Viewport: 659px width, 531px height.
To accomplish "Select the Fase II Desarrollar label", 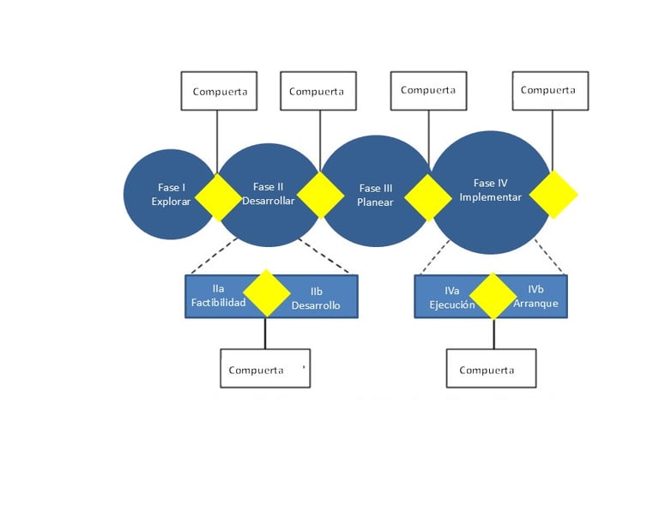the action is point(268,194).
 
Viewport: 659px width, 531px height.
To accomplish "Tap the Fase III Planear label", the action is point(375,196).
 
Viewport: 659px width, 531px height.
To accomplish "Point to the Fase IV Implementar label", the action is point(491,190).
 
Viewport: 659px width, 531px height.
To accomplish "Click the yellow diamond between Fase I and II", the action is point(219,197).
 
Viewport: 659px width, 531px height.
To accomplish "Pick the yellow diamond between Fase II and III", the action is point(320,196).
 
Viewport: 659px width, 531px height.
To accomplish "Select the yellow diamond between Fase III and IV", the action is point(428,197).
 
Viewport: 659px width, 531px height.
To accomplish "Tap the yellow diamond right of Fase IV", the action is point(553,195).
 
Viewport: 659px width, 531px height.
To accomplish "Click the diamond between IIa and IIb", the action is point(267,293).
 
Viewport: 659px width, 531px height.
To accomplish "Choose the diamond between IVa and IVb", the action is point(493,296).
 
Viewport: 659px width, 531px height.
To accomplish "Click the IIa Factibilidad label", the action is point(218,296).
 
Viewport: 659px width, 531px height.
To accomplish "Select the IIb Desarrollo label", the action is point(316,299).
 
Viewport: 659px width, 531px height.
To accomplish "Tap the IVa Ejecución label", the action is point(452,298).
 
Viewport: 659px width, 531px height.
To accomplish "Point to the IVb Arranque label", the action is point(535,296).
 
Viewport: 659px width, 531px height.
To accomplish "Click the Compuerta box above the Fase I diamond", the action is point(219,91).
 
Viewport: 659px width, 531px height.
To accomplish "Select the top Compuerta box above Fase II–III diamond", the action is point(318,91).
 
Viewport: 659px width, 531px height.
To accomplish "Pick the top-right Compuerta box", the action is point(550,91).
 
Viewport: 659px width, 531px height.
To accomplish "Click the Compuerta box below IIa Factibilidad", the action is point(265,368).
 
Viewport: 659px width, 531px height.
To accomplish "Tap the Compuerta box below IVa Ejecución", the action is point(491,368).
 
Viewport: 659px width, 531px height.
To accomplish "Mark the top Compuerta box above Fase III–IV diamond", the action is point(428,91).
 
